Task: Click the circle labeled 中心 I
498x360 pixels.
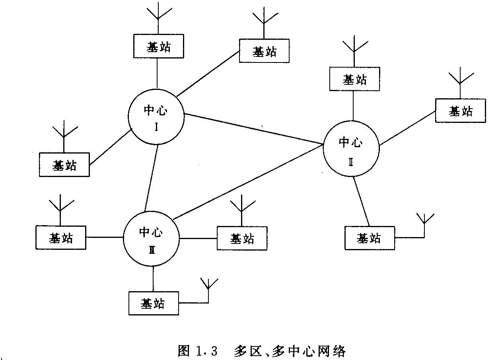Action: [x=156, y=116]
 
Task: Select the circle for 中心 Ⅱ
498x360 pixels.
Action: [x=351, y=148]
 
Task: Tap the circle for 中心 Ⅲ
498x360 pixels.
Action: [x=151, y=238]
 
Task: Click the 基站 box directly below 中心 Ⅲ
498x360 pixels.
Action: [x=154, y=304]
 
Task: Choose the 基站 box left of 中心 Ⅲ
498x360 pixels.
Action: [x=61, y=237]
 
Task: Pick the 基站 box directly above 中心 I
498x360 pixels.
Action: [x=158, y=46]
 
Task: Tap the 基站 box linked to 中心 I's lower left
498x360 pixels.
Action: [x=64, y=164]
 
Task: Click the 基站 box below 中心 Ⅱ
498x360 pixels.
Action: [x=370, y=238]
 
